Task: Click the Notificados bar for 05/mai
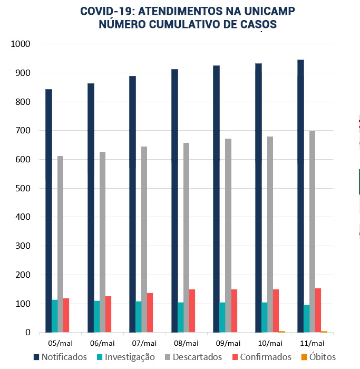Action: [48, 211]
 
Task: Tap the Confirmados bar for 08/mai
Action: [192, 311]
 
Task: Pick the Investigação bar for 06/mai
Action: [96, 317]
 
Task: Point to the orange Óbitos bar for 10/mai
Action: [282, 332]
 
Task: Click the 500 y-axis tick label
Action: [23, 188]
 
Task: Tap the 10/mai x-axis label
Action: [270, 343]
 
